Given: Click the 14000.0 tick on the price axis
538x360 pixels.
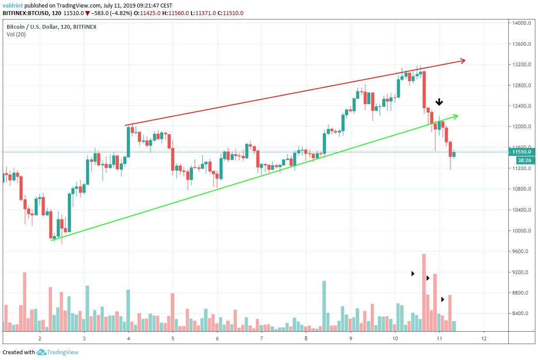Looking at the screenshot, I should tap(521, 23).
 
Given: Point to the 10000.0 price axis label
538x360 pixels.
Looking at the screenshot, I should tap(521, 231).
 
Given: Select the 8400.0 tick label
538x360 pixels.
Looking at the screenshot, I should tap(521, 314).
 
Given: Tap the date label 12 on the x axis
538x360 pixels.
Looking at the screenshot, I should tap(483, 339).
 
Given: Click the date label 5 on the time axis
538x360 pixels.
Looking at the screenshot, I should tap(173, 339).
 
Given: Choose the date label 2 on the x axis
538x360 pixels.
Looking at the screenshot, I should tap(40, 339).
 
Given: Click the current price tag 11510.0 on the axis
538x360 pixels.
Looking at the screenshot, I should tap(521, 151).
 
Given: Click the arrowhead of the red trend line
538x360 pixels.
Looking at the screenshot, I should tap(463, 60).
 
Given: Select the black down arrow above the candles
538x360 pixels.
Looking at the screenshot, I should tap(439, 102).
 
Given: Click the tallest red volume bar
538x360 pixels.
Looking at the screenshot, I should tap(424, 292).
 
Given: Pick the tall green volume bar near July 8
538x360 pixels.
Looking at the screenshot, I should tap(324, 306).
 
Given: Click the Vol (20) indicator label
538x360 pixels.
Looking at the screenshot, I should tap(16, 35).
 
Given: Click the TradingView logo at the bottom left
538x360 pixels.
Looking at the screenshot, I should tap(58, 352).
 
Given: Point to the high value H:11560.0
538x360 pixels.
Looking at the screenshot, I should tap(171, 13).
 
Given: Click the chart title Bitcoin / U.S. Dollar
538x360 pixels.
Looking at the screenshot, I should tap(35, 27).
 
